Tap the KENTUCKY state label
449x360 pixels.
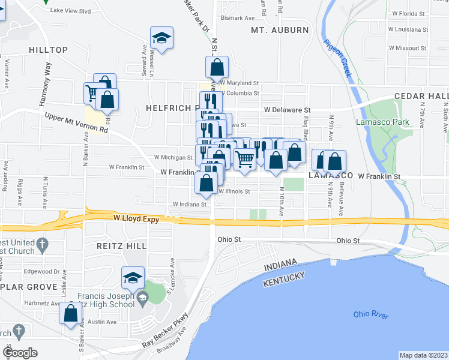point(285,279)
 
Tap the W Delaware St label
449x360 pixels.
point(286,110)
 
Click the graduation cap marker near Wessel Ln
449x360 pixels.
point(161,38)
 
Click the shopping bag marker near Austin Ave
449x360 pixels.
point(71,313)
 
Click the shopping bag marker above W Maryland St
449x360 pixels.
point(217,66)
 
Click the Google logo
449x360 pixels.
point(20,353)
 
